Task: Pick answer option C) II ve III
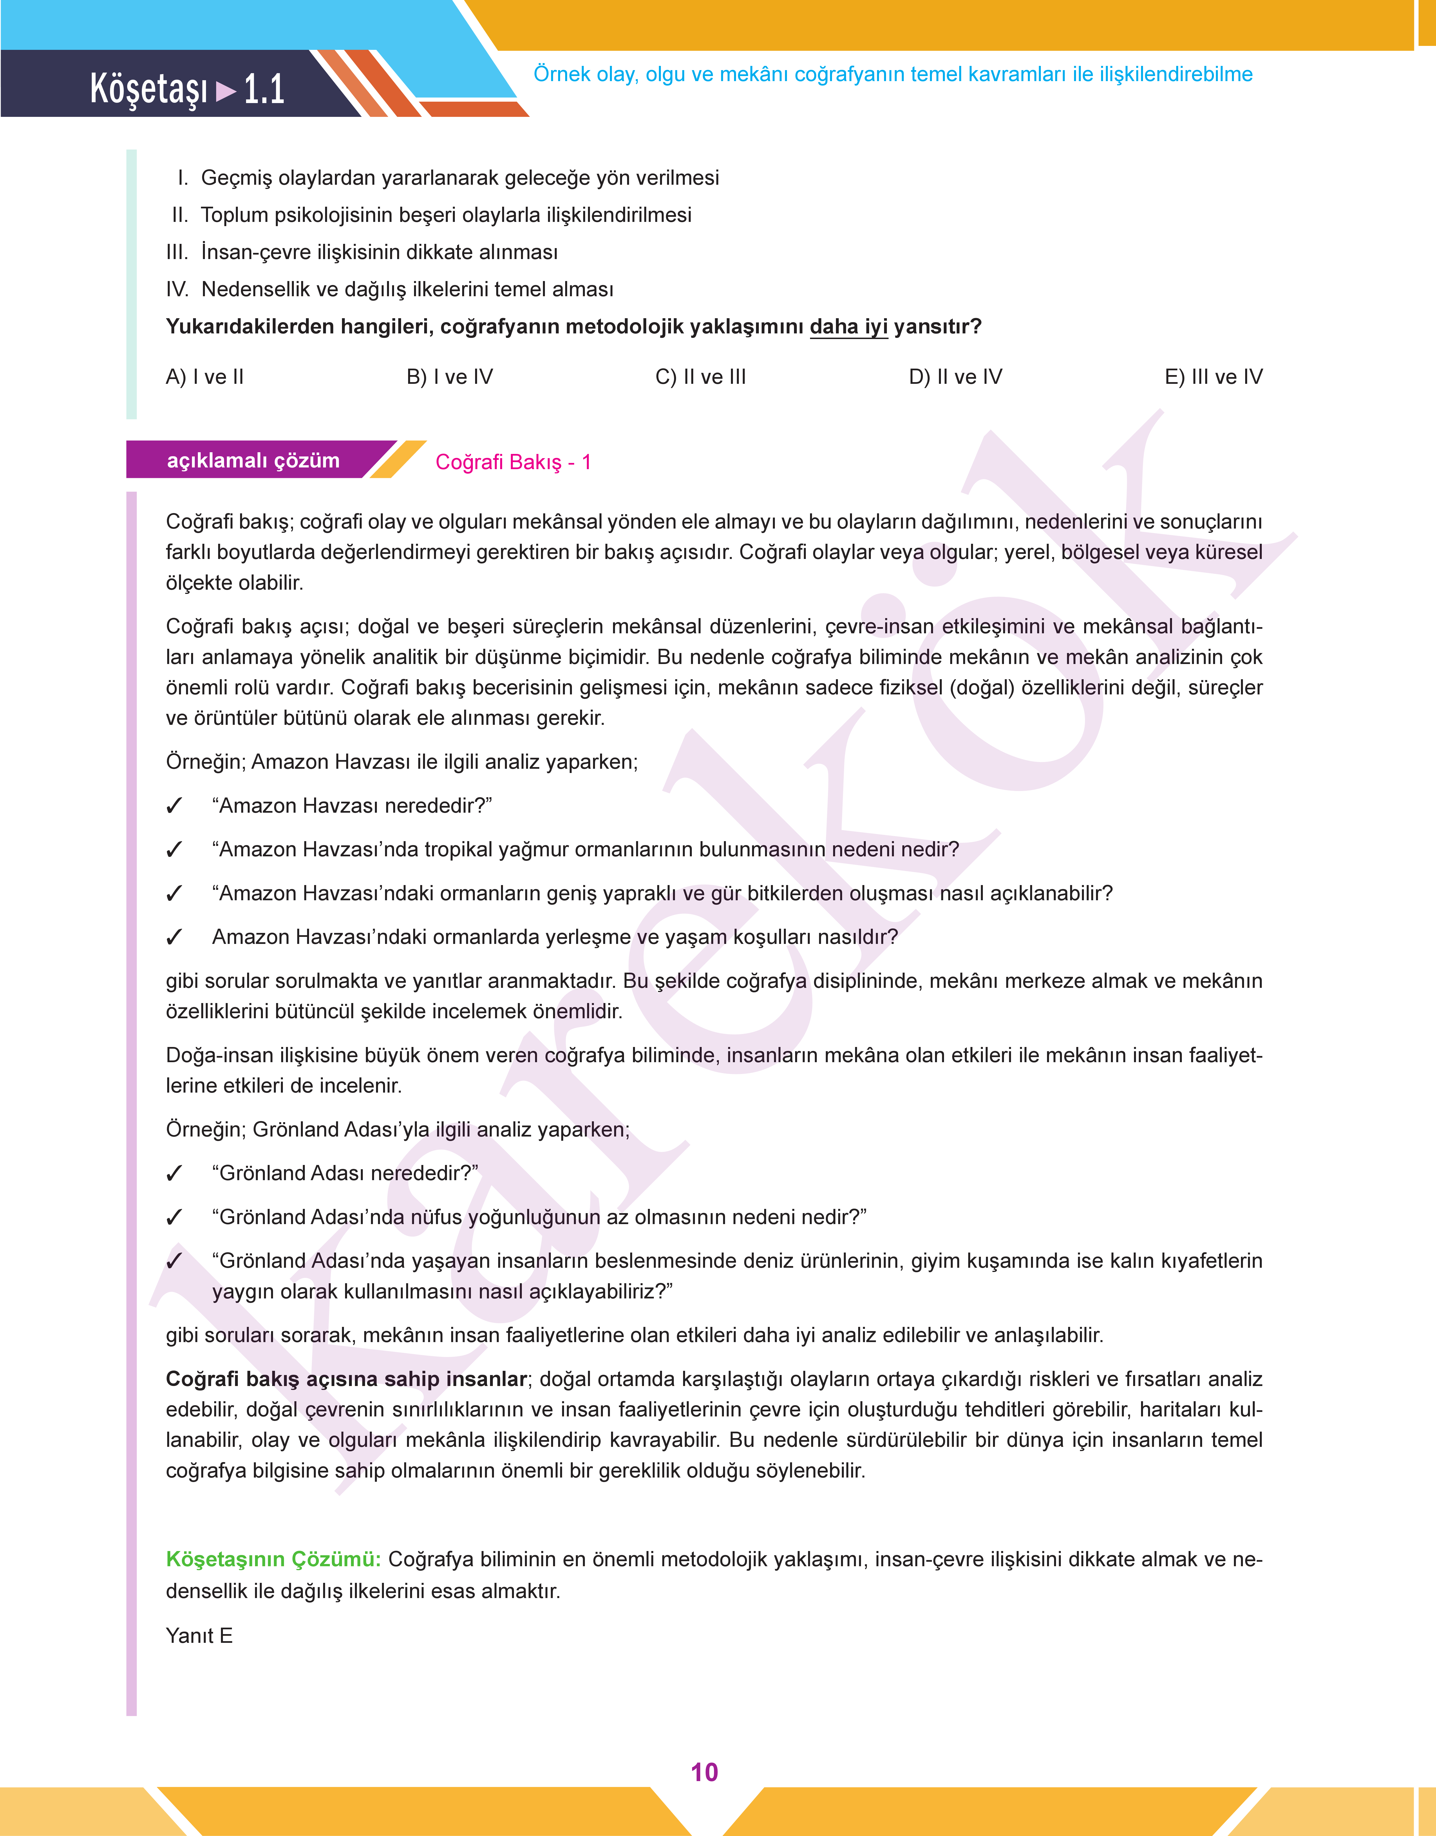point(700,377)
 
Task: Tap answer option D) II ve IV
point(955,377)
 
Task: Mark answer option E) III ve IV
point(1213,377)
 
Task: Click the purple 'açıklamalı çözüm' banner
point(253,460)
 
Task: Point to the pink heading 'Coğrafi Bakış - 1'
point(513,462)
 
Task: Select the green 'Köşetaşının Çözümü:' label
point(273,1558)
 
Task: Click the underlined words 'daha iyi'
point(848,326)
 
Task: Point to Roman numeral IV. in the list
point(177,289)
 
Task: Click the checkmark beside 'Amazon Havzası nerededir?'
point(174,806)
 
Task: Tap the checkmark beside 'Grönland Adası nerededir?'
point(174,1173)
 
